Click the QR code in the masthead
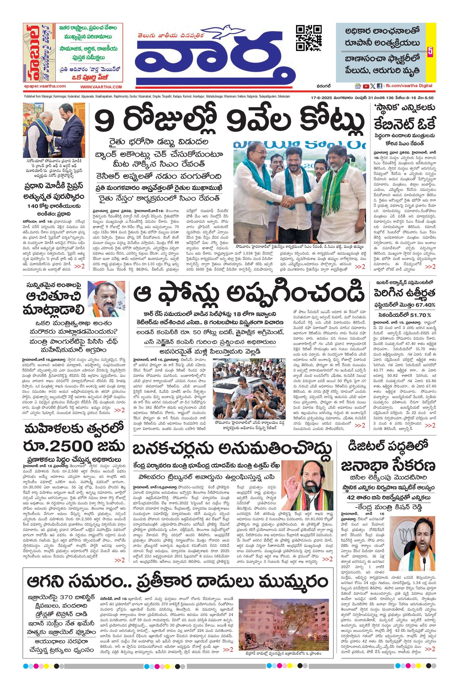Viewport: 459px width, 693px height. click(x=309, y=38)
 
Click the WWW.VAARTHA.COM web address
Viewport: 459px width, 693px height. click(x=101, y=87)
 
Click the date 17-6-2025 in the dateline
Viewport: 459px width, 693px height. click(x=321, y=98)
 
